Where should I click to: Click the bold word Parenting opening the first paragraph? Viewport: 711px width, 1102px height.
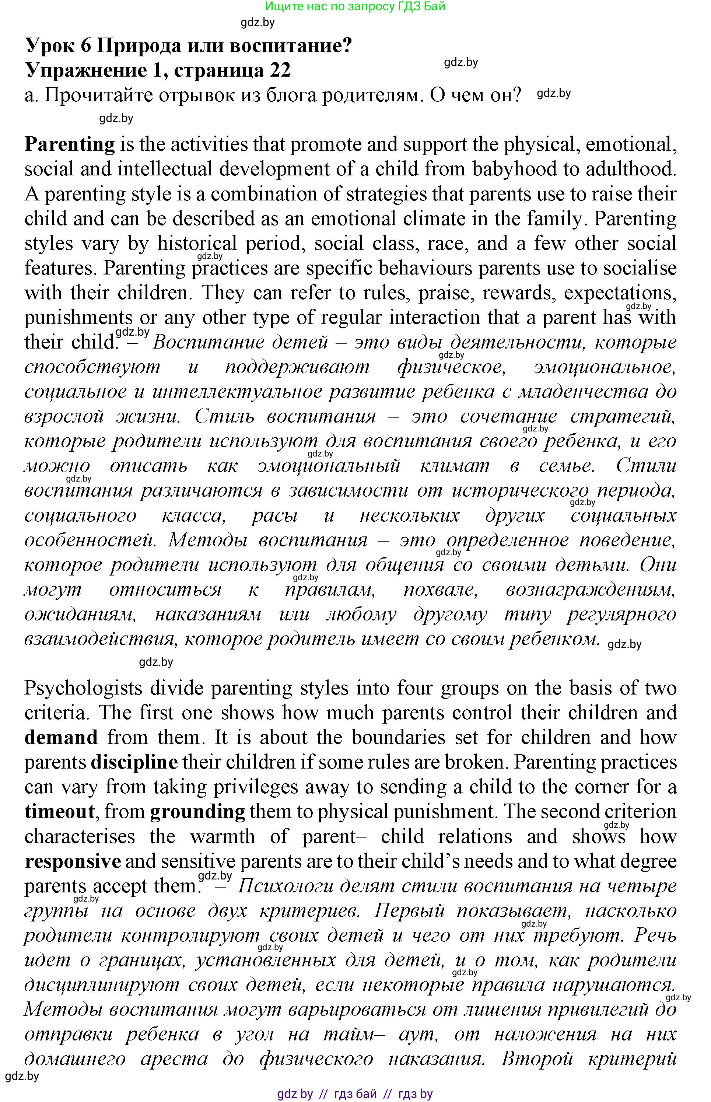coord(69,145)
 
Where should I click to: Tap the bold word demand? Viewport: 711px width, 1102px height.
coord(61,738)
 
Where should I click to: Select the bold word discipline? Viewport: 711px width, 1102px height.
coord(134,762)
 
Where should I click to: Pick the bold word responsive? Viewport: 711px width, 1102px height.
coord(73,861)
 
